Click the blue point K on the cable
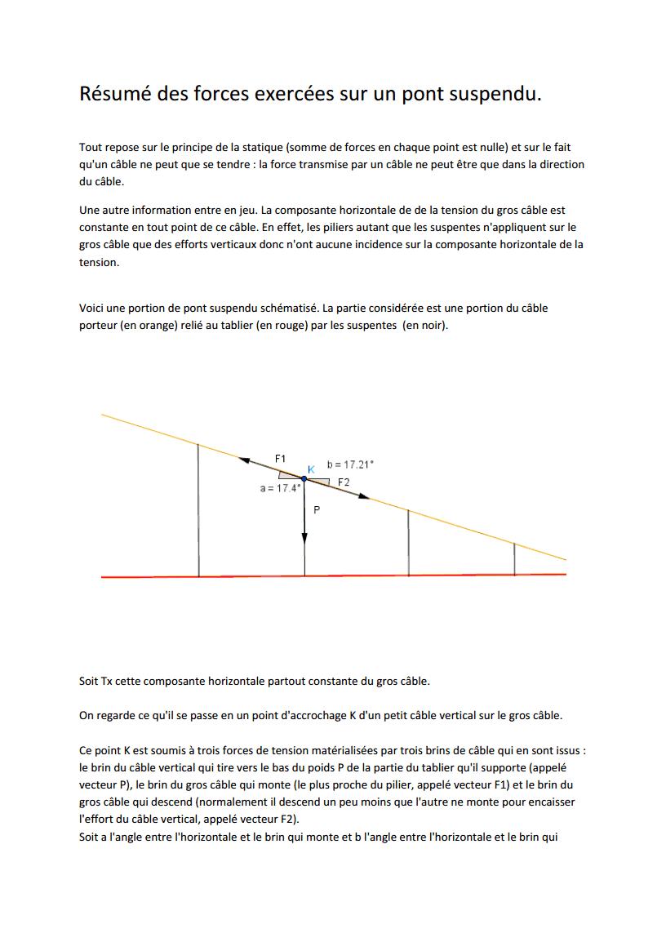click(x=304, y=478)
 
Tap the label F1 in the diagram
click(x=280, y=458)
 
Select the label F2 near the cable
click(x=344, y=482)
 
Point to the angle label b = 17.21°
click(x=350, y=464)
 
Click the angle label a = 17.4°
click(x=280, y=488)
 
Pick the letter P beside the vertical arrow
click(x=317, y=509)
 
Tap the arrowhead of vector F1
click(x=243, y=460)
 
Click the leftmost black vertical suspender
click(x=198, y=510)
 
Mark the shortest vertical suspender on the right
click(x=514, y=559)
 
